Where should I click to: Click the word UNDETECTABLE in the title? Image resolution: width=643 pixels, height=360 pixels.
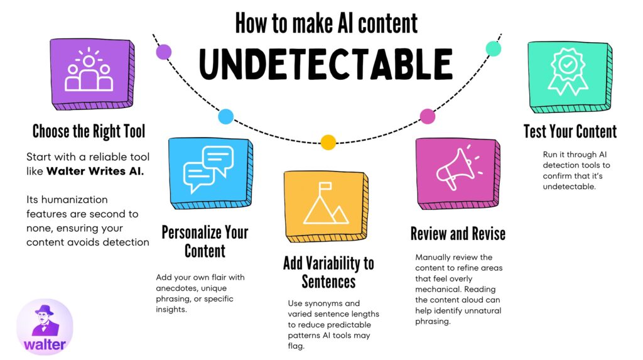(x=326, y=64)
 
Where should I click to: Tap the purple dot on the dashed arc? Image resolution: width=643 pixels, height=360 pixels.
(x=164, y=52)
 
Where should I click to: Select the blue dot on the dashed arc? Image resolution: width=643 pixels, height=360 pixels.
(x=225, y=117)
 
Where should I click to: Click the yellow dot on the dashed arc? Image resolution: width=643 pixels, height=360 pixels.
(x=328, y=143)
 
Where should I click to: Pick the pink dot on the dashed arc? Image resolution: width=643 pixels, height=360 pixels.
(x=428, y=116)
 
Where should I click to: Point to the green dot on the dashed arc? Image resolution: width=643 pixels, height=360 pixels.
(x=494, y=49)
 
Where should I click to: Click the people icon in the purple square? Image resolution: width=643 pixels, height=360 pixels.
(x=89, y=70)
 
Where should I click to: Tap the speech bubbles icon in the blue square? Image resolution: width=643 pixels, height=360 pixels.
(x=208, y=169)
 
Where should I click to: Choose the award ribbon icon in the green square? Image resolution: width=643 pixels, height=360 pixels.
(x=568, y=72)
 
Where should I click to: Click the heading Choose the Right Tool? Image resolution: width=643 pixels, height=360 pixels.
(x=89, y=131)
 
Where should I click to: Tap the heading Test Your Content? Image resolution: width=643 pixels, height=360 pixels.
(x=570, y=131)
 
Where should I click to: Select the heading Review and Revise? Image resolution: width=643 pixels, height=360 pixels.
(x=458, y=234)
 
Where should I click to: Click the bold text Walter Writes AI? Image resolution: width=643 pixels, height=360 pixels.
(x=95, y=171)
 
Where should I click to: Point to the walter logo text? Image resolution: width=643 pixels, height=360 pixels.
(x=45, y=344)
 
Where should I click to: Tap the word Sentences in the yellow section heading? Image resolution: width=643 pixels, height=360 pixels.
(x=328, y=281)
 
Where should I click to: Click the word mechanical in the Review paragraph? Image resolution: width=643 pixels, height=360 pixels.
(x=438, y=289)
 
